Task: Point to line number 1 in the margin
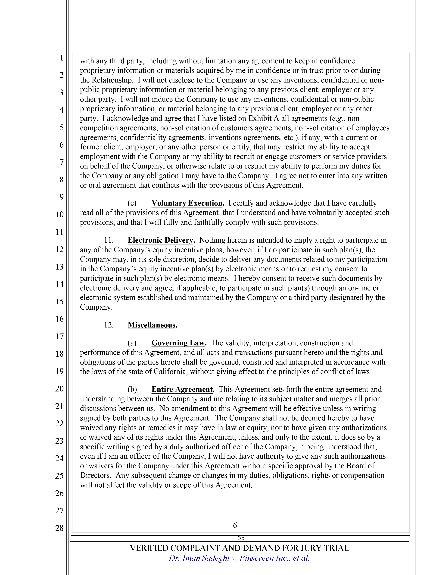(x=62, y=58)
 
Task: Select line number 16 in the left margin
(x=59, y=319)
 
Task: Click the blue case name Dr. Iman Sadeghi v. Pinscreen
(x=239, y=558)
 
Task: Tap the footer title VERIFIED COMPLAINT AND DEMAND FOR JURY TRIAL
(x=239, y=548)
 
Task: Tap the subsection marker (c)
(x=132, y=203)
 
